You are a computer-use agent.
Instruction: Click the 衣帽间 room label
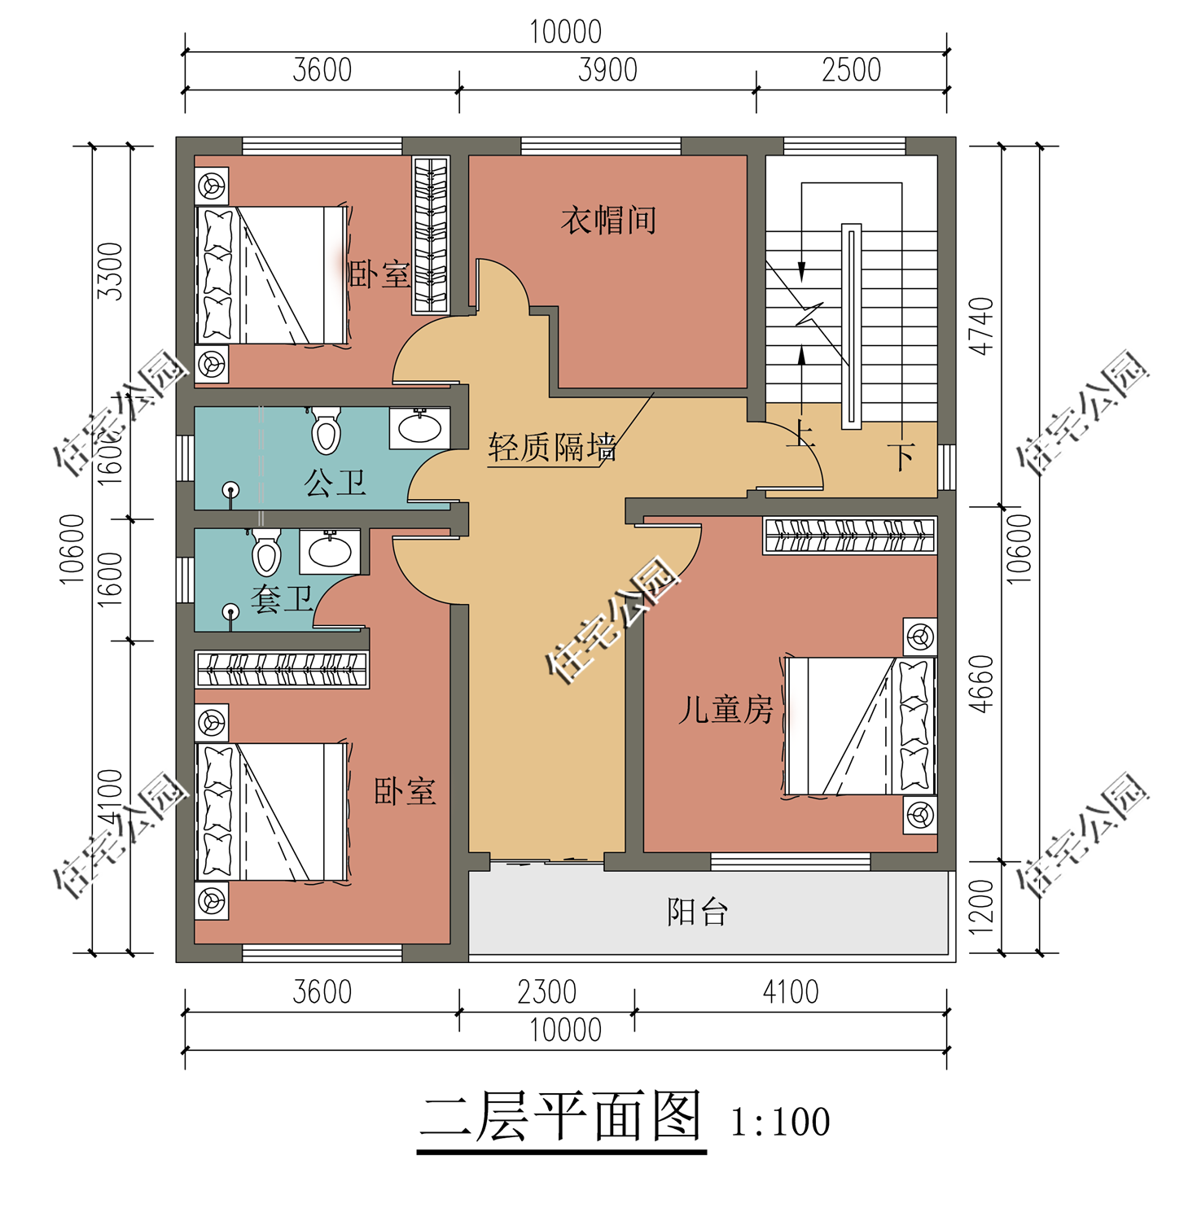point(608,221)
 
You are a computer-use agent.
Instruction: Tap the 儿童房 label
point(726,710)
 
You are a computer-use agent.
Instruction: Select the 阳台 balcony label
point(697,912)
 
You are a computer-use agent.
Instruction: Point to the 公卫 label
point(335,484)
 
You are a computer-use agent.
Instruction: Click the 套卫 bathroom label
point(282,600)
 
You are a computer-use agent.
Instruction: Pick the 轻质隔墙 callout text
point(551,448)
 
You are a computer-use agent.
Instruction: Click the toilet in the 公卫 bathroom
point(326,431)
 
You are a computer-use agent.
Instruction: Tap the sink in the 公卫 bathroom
point(419,427)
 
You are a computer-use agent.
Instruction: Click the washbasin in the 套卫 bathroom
point(330,551)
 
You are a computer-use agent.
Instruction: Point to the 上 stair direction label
point(801,433)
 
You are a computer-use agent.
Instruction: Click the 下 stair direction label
point(901,457)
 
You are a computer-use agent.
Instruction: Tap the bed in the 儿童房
point(859,726)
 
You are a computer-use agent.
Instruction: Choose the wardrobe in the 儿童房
point(849,536)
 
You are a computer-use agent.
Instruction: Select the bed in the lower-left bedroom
point(272,812)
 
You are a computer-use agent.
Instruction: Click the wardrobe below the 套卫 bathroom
point(281,669)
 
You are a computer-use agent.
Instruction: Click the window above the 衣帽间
point(601,147)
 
